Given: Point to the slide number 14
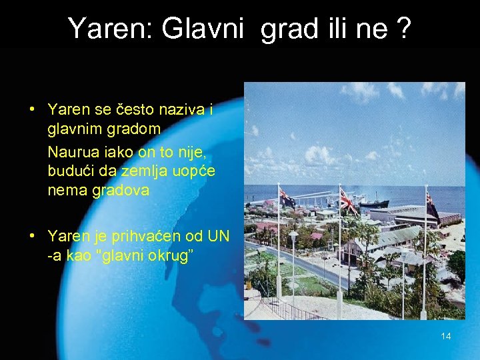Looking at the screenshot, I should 446,336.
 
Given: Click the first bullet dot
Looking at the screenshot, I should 32,109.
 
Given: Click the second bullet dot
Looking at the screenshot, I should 32,235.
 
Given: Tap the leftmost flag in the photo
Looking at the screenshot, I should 288,198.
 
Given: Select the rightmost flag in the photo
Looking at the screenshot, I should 432,205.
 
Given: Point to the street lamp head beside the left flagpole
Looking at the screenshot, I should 293,235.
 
